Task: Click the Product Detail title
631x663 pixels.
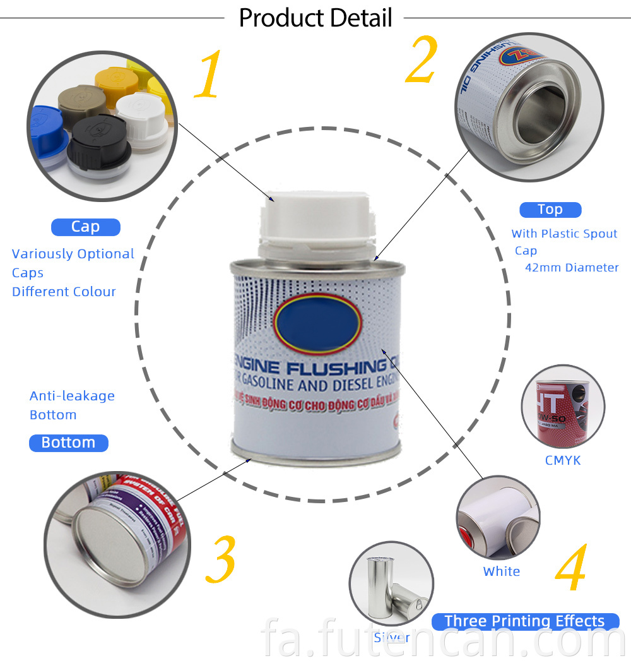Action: [315, 18]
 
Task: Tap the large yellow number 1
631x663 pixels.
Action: [208, 76]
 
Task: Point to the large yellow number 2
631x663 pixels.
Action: [421, 61]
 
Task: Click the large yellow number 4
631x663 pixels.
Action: [571, 568]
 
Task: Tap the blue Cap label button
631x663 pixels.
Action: [85, 227]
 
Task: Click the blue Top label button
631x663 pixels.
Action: [550, 210]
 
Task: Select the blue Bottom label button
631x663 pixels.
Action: [68, 443]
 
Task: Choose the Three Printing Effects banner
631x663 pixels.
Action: [524, 621]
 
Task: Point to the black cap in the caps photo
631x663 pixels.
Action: [98, 142]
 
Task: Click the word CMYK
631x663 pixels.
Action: [563, 460]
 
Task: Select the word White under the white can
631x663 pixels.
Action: [502, 571]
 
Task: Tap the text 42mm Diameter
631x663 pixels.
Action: [572, 268]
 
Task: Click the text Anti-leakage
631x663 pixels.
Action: [72, 396]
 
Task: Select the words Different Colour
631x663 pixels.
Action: [64, 292]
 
